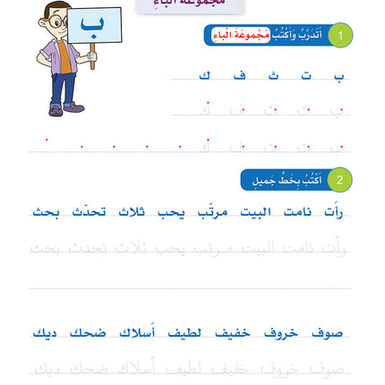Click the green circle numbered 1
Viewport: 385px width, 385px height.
340,35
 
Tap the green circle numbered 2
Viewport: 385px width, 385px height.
340,180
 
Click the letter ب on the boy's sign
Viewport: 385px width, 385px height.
92,23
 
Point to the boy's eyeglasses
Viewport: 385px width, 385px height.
56,21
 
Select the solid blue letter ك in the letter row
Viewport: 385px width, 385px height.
205,75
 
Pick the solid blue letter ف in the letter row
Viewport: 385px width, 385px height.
239,75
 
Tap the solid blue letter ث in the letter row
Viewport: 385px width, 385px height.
273,75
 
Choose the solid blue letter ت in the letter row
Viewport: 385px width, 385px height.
306,75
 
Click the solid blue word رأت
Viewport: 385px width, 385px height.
333,212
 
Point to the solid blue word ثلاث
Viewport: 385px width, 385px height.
131,212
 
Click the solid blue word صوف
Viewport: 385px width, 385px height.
327,333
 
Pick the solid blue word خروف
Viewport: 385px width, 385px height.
280,333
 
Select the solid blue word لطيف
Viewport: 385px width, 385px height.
184,333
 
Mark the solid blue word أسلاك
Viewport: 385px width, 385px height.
137,333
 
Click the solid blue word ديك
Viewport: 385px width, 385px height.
45,333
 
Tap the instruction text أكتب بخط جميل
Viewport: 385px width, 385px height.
282,180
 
